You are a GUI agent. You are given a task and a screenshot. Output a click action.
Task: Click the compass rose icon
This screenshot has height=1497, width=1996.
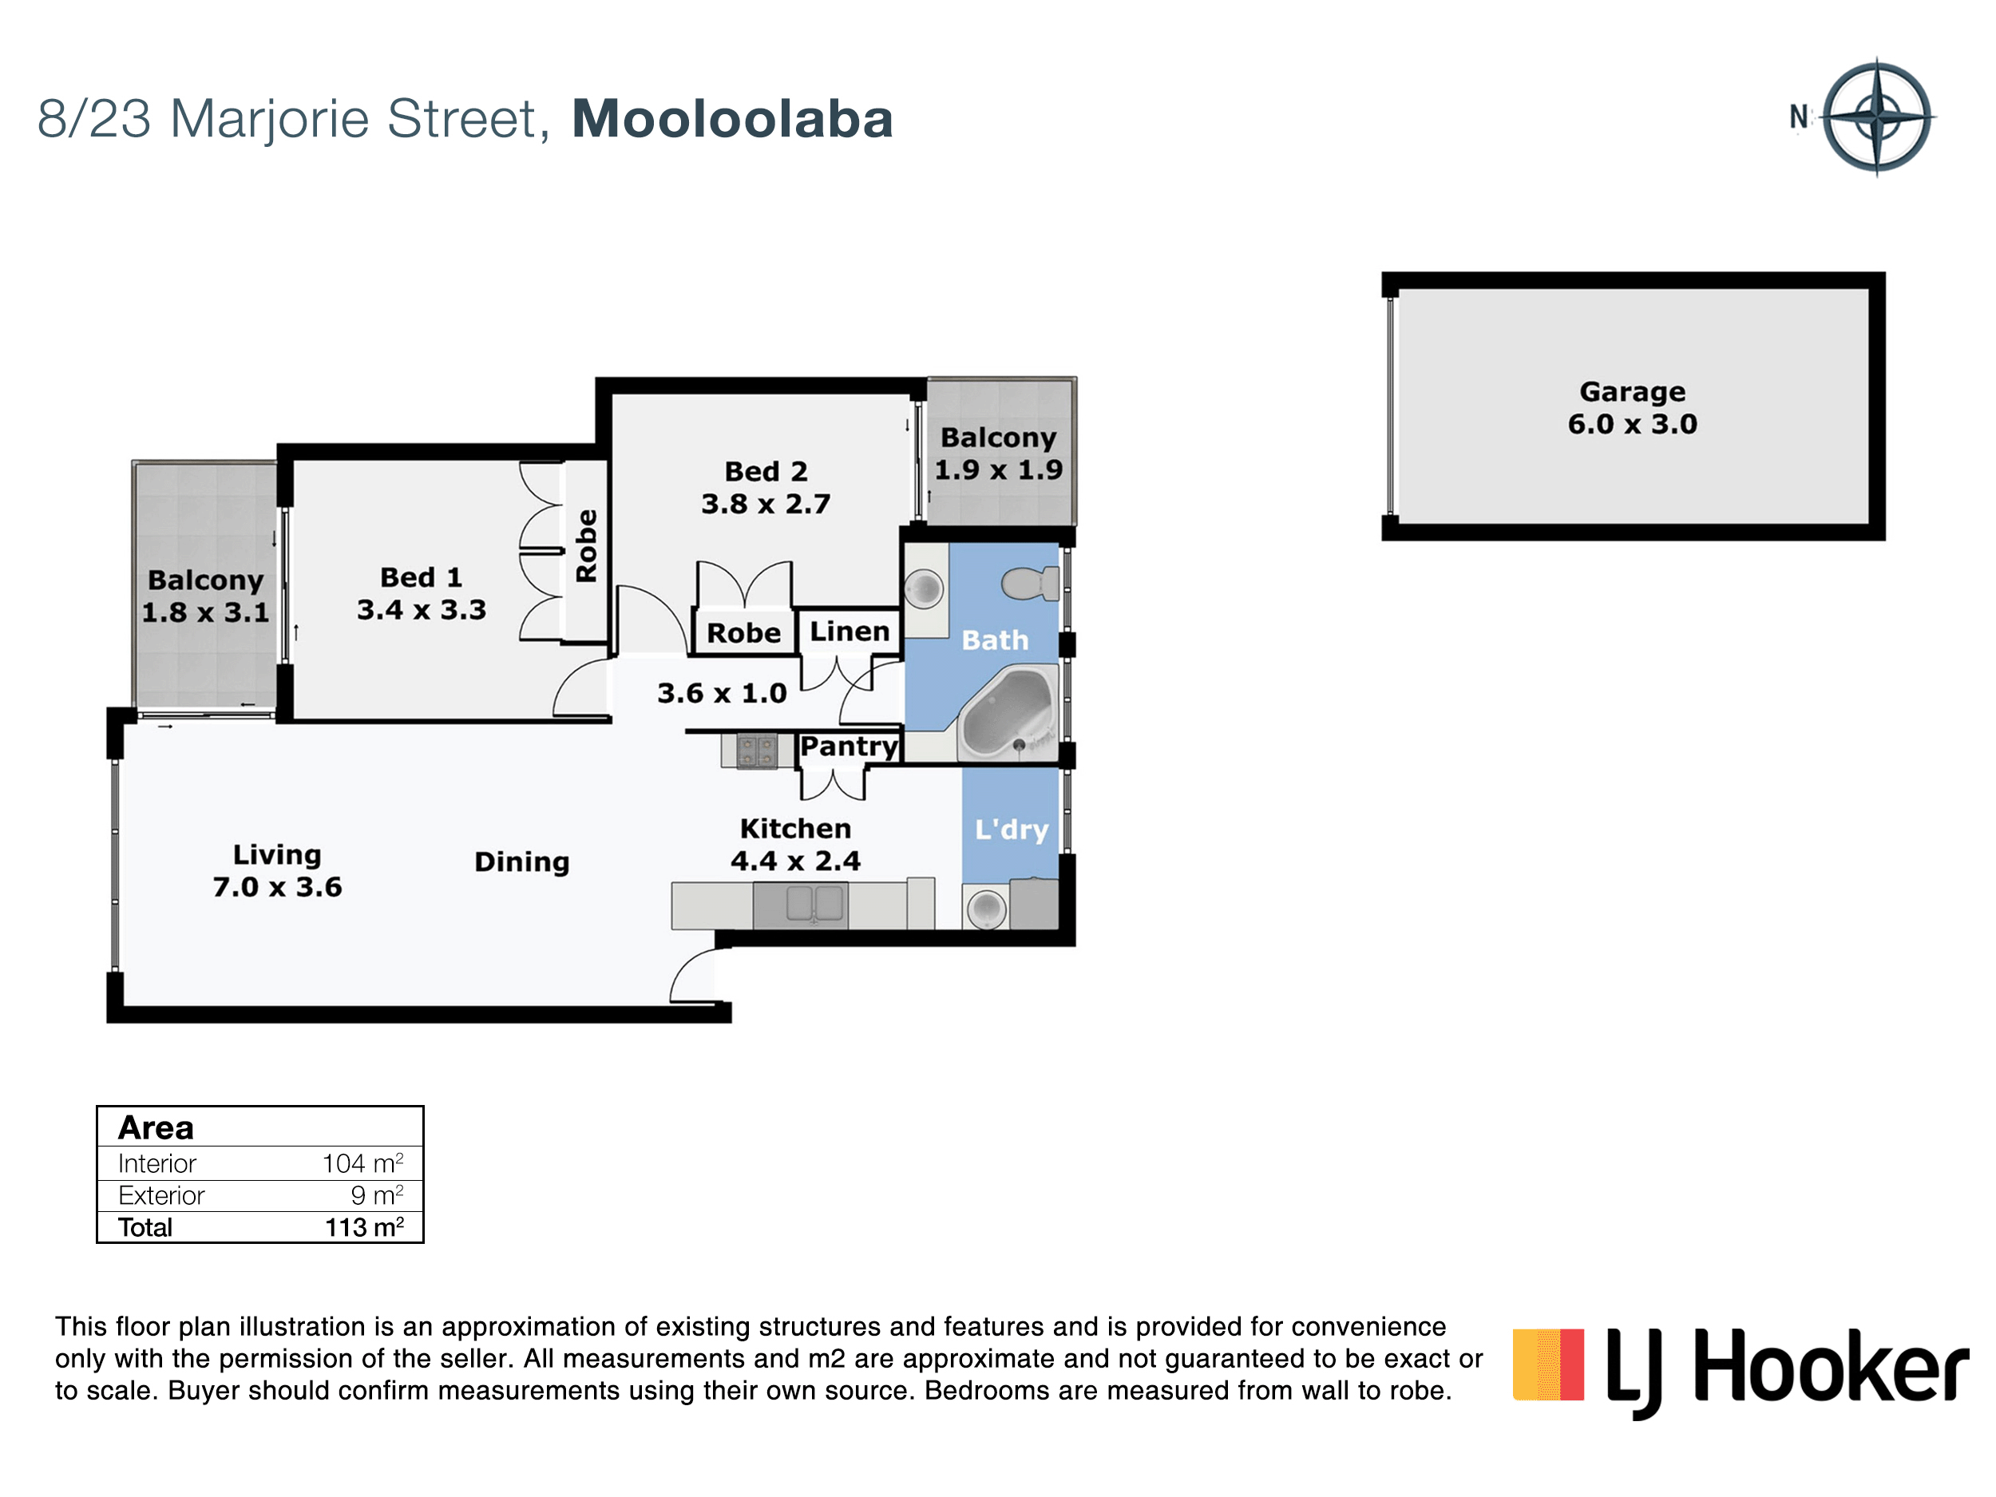pos(1877,117)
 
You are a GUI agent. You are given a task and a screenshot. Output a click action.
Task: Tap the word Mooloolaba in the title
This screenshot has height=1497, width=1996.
pos(732,119)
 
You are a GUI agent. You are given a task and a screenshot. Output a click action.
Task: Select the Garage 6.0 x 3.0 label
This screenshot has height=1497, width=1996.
pos(1633,408)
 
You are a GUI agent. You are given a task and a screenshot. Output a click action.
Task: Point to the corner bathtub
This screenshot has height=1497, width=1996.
pos(1007,714)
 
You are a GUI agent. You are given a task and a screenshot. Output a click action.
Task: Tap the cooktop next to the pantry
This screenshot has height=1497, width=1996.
pos(756,750)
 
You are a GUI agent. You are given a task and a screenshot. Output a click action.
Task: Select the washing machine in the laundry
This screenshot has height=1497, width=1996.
pos(985,908)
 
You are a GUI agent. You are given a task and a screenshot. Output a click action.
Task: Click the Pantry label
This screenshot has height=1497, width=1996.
pos(849,747)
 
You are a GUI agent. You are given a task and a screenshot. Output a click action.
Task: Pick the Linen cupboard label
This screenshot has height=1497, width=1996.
pos(849,631)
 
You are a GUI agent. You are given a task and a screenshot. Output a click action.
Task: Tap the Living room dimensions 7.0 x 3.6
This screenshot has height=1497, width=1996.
pos(277,887)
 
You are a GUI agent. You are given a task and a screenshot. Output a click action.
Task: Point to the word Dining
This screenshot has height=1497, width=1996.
pos(521,862)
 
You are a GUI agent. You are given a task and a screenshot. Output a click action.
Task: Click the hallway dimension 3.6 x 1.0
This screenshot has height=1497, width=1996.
pos(722,693)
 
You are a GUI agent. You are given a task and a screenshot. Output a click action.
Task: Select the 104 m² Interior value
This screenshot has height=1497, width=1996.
pos(362,1163)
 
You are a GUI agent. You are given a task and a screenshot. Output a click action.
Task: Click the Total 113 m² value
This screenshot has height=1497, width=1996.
pos(365,1227)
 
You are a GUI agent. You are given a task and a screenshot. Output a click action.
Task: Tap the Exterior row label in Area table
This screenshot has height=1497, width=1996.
pos(161,1196)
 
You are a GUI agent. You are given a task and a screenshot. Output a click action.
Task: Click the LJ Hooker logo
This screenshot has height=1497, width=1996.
pos(1740,1369)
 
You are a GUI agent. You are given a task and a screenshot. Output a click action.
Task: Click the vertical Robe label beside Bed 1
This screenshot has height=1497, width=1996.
pos(587,546)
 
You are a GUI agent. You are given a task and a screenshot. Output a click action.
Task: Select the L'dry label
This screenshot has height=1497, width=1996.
pos(1012,830)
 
